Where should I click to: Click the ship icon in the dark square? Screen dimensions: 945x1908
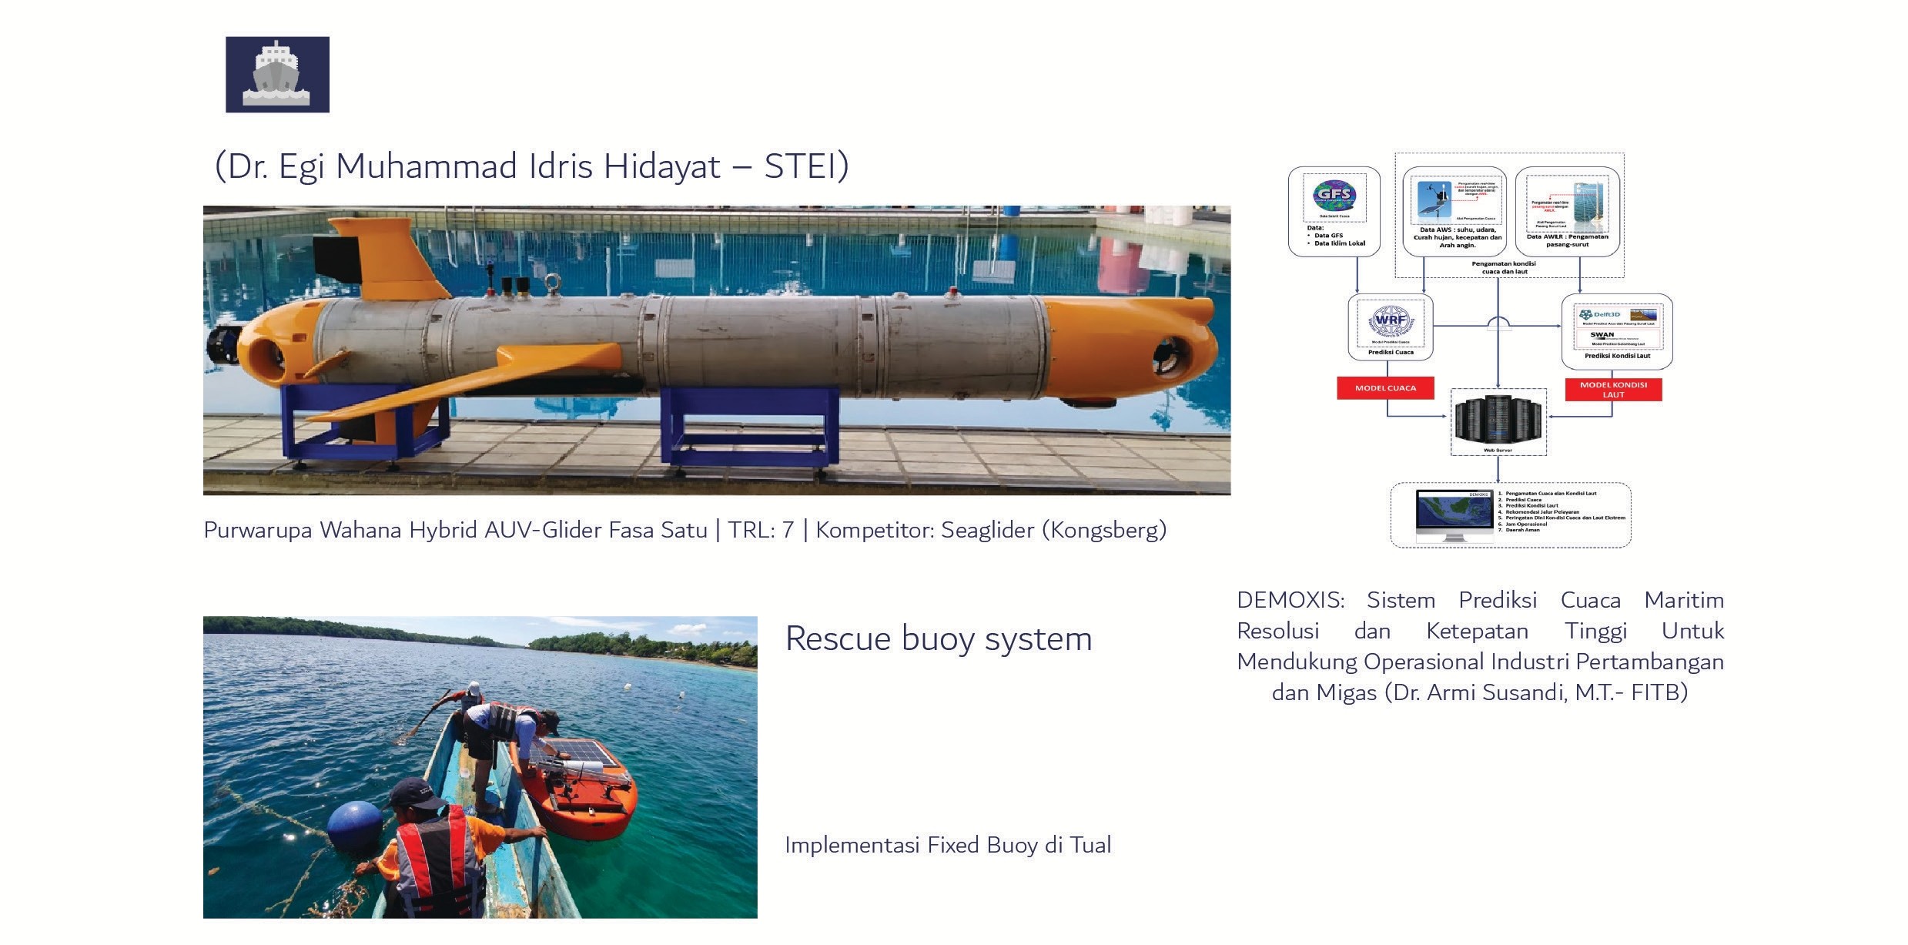pos(277,74)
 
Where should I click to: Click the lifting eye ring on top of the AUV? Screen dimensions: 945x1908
pos(552,283)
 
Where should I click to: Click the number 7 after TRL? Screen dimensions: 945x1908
pos(788,530)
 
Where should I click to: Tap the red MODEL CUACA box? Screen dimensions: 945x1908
pos(1385,388)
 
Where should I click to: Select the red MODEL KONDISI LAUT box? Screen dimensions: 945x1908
pos(1613,390)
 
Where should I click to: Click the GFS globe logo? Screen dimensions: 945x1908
pos(1334,196)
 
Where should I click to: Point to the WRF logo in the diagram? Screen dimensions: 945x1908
pos(1391,320)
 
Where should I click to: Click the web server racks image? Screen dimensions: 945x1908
pos(1498,419)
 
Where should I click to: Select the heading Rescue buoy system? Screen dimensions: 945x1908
pos(938,638)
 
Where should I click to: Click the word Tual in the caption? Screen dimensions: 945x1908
pos(1089,846)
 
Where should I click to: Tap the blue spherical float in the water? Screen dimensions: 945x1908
pos(355,826)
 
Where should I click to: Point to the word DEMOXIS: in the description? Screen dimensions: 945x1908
pos(1290,600)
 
